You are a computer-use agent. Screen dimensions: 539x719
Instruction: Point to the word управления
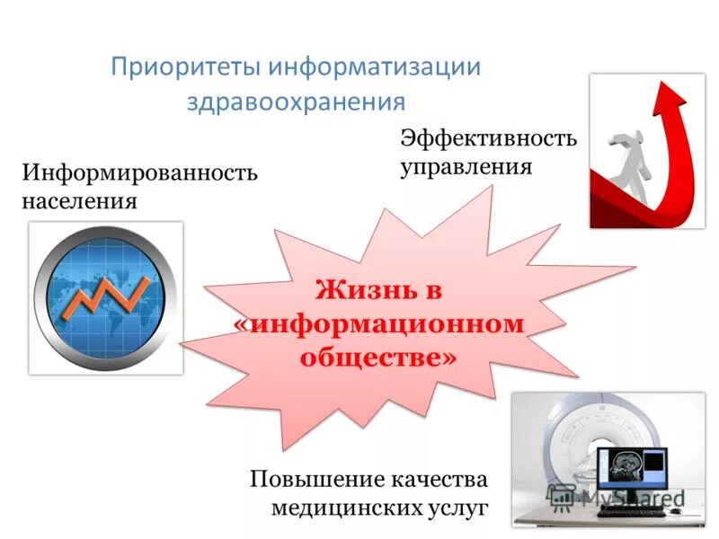[466, 167]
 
